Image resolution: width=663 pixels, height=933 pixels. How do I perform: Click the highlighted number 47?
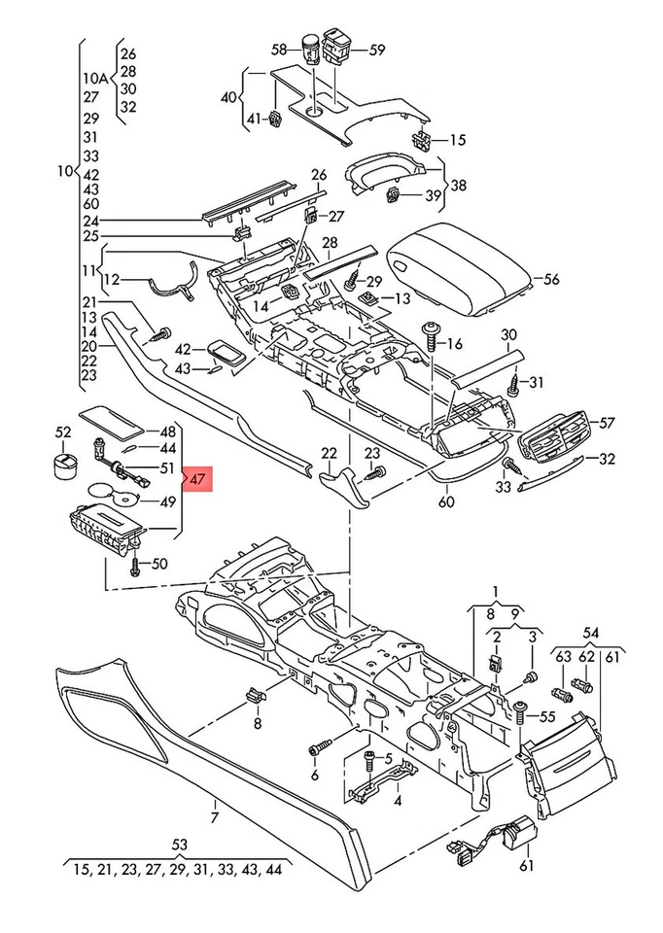[x=197, y=479]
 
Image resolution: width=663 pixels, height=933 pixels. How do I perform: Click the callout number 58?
[x=279, y=50]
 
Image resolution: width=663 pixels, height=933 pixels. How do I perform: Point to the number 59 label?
[x=377, y=50]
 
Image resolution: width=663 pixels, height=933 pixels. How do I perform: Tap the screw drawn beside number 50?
[x=135, y=564]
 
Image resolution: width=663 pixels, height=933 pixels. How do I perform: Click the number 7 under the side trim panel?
[x=215, y=817]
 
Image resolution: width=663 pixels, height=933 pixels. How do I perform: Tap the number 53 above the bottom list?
[x=179, y=845]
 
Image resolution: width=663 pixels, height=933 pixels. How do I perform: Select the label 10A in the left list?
[x=96, y=78]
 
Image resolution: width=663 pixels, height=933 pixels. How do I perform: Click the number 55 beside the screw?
[x=546, y=718]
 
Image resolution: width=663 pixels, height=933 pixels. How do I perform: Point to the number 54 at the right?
[x=590, y=633]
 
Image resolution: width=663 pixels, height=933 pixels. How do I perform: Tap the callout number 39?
[x=433, y=195]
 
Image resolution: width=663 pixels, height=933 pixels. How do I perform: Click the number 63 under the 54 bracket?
[x=563, y=656]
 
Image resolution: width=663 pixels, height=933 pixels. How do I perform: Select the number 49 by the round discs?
[x=168, y=501]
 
